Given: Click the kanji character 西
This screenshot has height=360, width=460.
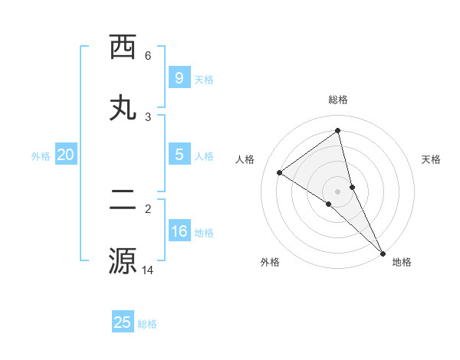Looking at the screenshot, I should [123, 47].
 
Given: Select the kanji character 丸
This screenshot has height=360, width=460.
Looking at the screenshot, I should [123, 108].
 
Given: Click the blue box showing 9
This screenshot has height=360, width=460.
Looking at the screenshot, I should [179, 77].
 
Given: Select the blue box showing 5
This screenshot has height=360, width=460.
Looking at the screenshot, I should [179, 154].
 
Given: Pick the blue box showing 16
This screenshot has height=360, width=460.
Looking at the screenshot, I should [179, 231].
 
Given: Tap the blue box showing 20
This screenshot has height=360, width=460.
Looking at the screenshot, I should [65, 155].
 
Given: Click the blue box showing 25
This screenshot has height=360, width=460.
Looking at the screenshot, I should [123, 322].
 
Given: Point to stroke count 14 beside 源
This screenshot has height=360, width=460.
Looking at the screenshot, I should [148, 270].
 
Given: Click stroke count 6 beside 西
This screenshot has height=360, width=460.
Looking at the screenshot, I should [148, 55].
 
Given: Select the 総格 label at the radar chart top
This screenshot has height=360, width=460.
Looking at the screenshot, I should [338, 100].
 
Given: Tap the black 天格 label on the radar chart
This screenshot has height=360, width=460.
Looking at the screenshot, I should [431, 159].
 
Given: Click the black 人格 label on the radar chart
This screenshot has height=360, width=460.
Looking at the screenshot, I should [245, 159].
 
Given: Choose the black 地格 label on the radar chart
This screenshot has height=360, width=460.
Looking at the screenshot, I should [402, 262].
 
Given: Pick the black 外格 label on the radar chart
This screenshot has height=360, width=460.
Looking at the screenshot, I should [270, 262].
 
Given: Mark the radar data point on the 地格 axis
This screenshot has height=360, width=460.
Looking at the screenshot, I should [383, 252].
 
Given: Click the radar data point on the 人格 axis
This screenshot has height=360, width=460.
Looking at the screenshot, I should [280, 172].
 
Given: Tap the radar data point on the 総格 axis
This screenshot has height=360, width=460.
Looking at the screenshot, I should [338, 131].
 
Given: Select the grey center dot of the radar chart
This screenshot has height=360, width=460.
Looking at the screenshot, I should [338, 191].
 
